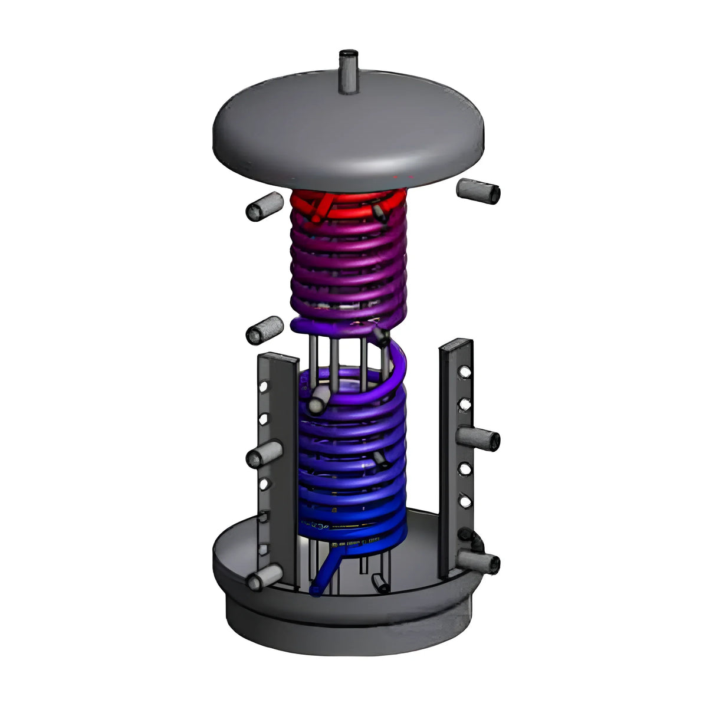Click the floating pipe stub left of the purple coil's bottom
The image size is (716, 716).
tap(264, 329)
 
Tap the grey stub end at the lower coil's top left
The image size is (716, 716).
tap(317, 402)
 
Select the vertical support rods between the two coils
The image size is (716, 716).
tap(348, 354)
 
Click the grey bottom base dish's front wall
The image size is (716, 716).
tap(348, 625)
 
